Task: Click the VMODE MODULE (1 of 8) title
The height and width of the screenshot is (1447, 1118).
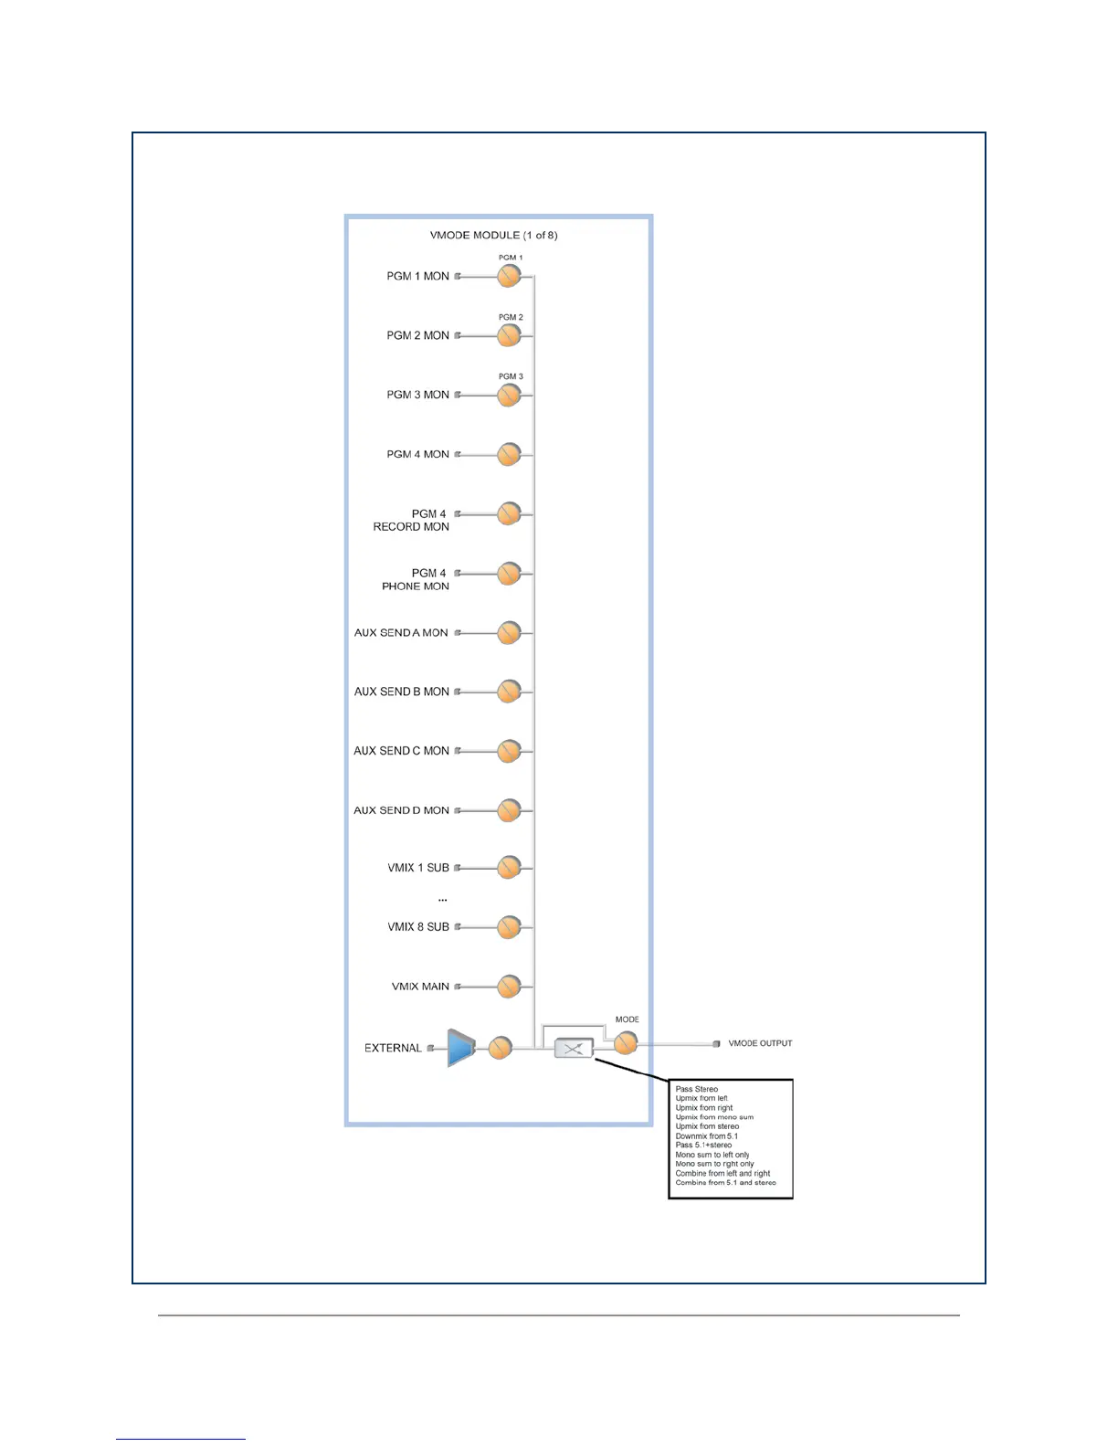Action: [x=493, y=235]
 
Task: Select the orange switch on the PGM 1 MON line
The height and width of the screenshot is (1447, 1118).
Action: [x=509, y=276]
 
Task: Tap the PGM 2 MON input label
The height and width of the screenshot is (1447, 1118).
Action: [x=417, y=335]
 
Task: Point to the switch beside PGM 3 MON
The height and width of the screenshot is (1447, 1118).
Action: [x=509, y=395]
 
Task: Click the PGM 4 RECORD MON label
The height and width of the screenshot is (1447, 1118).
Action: [x=411, y=520]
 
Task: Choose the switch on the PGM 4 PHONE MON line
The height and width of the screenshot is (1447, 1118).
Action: [x=509, y=573]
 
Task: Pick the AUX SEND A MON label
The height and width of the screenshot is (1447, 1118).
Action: [x=401, y=632]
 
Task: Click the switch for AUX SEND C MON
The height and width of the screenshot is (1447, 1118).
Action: [x=509, y=751]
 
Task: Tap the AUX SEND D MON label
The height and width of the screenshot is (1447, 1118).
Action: [x=401, y=810]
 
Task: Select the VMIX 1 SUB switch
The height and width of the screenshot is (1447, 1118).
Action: [x=509, y=867]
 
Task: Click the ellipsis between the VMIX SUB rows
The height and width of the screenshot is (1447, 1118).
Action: [x=443, y=900]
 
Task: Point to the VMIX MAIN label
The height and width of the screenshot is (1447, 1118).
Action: [x=420, y=987]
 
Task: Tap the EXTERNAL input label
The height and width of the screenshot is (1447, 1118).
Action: [x=393, y=1048]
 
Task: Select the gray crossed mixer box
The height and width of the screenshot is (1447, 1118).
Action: [x=574, y=1049]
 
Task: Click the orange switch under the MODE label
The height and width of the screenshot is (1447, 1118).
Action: [x=625, y=1042]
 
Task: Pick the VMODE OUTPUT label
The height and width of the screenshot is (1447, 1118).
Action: [x=760, y=1043]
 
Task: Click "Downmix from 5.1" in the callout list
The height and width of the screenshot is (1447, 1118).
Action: [x=706, y=1135]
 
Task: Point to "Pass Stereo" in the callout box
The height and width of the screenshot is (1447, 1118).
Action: [x=696, y=1089]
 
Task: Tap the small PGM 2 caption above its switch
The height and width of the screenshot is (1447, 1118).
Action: [x=511, y=317]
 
